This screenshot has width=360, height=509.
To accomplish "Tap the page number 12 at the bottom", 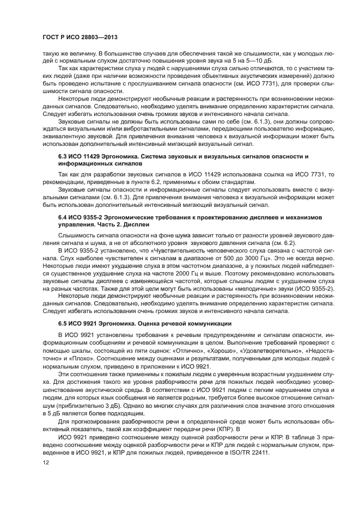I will [45, 462].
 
